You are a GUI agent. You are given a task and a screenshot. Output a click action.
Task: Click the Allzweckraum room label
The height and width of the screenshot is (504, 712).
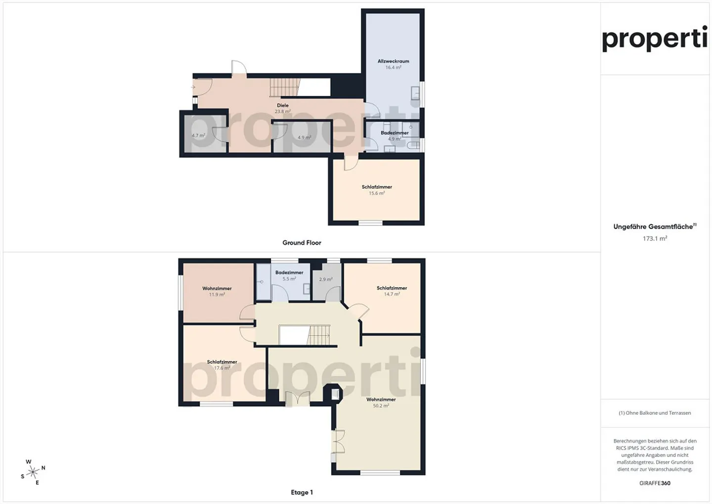pos(393,61)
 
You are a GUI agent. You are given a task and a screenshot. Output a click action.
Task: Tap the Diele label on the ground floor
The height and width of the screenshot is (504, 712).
pos(283,105)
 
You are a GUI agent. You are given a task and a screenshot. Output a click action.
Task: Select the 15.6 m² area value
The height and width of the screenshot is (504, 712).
pos(377,193)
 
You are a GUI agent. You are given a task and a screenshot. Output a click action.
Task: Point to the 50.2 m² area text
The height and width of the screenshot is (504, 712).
pos(381,406)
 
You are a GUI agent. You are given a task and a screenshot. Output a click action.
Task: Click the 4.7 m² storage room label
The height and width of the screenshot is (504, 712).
pos(198,136)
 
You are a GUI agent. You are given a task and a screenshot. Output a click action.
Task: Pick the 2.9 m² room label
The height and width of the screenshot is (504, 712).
pos(326,279)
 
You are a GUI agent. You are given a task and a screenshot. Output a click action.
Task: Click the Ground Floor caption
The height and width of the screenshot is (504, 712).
pos(302,243)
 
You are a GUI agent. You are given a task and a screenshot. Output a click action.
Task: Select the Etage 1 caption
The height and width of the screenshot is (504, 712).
pos(302,492)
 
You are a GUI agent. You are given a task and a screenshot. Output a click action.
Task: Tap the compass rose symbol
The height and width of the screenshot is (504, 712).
pos(33,472)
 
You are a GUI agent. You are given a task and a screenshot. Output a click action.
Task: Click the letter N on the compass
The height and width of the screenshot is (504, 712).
pos(43,468)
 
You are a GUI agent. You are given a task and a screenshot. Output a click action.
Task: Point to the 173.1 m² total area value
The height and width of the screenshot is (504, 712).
pos(655,238)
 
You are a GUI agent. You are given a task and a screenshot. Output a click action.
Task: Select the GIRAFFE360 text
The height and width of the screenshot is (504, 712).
pos(655,483)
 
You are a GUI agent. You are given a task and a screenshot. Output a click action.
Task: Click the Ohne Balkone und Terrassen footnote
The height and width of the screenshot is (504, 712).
pos(655,412)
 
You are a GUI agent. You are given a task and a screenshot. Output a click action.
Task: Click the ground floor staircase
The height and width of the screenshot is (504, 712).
pos(285,87)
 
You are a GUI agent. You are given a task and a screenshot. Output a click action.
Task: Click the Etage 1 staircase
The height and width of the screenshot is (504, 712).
pos(318,335)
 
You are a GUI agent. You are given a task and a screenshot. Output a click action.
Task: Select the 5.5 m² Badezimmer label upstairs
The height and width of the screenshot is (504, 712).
pos(289,275)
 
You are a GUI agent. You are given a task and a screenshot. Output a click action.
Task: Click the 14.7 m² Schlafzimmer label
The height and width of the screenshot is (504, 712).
pos(392,291)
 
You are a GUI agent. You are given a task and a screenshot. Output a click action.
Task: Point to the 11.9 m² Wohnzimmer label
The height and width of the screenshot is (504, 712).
pos(217,292)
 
